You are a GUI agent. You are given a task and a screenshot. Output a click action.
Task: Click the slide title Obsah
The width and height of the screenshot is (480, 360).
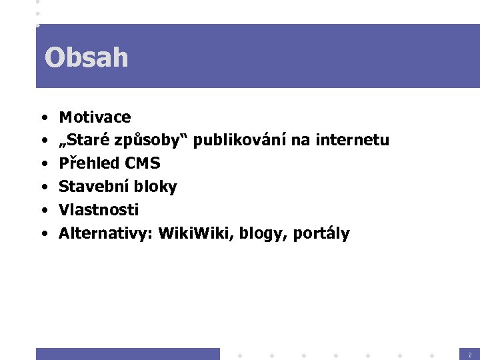[86, 58]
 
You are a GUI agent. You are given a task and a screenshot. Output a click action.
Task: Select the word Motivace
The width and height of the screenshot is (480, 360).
[95, 117]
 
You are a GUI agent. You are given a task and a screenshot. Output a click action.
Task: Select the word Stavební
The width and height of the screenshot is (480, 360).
[89, 187]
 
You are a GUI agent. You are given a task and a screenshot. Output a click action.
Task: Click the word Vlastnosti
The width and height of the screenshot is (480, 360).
[99, 210]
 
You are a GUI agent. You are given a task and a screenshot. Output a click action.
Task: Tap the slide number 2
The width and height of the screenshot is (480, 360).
[469, 355]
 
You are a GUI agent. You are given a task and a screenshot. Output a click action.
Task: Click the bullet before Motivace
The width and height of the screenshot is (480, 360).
[43, 118]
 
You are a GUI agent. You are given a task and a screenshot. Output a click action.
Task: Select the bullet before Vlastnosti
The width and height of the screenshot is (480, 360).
[43, 211]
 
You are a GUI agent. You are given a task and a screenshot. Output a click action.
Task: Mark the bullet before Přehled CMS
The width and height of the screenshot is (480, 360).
[43, 164]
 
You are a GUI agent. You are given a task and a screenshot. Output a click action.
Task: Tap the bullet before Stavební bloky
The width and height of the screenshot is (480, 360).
[43, 187]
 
